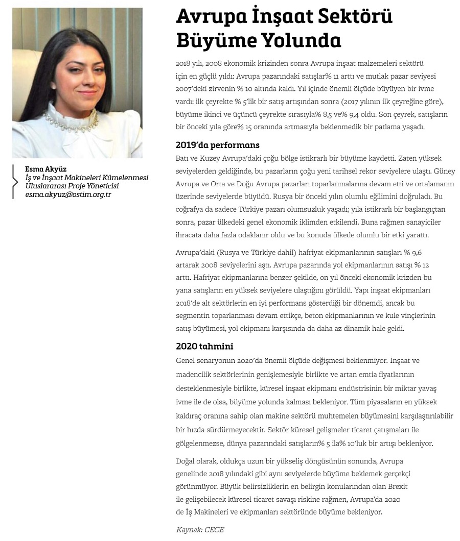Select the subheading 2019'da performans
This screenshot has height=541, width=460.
click(217, 145)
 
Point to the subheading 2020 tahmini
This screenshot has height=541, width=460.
click(204, 347)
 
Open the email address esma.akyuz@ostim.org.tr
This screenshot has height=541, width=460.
click(68, 195)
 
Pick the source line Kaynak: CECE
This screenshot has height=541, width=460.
click(200, 530)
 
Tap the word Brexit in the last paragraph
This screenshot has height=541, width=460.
click(397, 486)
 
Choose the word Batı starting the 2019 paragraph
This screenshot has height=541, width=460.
click(183, 158)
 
